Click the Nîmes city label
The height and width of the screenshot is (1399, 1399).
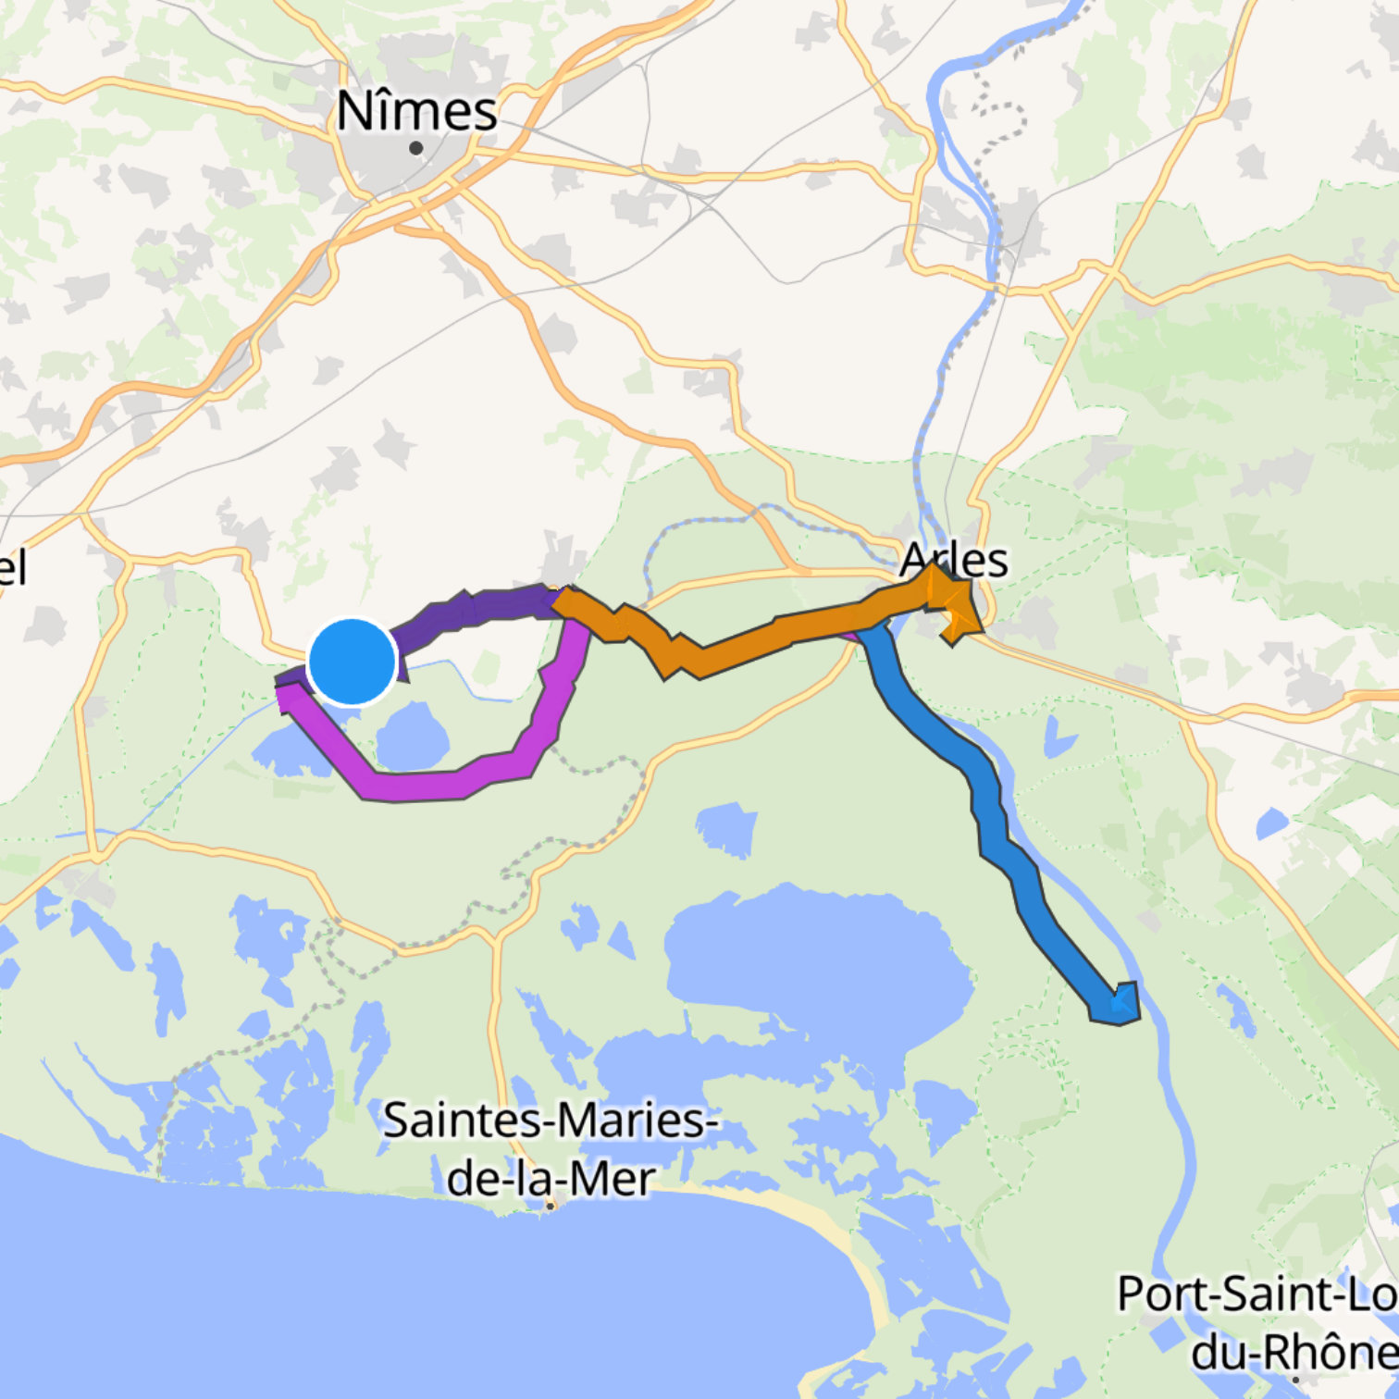416,111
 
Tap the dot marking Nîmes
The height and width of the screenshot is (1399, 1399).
416,148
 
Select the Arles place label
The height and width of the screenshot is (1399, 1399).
954,559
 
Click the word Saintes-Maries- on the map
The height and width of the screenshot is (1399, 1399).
551,1120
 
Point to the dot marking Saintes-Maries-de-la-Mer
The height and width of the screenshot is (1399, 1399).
551,1205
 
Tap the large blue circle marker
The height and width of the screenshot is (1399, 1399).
352,662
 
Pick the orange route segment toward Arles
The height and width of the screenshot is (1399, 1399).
740,643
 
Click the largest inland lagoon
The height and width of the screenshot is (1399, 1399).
814,962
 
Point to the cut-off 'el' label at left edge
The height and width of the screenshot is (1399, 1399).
13,567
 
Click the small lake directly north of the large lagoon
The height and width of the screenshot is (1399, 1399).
726,828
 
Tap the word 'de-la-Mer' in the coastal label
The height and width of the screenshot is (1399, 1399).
551,1178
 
